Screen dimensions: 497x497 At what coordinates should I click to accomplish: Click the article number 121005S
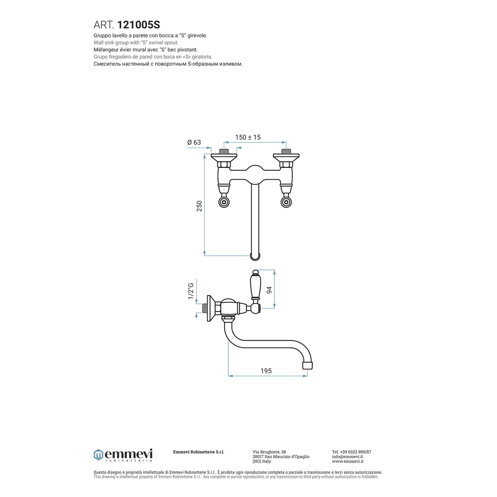click(138, 25)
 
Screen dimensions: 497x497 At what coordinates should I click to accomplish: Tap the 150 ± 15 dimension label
click(248, 137)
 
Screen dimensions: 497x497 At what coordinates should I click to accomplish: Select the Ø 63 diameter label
click(194, 142)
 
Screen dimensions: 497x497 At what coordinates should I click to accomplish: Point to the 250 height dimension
click(199, 206)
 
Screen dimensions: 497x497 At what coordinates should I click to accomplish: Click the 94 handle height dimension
click(269, 290)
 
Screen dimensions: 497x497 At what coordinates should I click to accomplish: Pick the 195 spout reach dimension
click(266, 371)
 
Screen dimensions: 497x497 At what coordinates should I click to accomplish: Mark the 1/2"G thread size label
click(190, 291)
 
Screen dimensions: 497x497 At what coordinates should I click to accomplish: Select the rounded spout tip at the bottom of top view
click(255, 256)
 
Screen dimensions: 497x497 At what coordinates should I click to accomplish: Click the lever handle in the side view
click(255, 285)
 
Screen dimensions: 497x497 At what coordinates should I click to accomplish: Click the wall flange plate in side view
click(209, 308)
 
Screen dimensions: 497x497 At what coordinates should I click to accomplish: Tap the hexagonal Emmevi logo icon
click(98, 455)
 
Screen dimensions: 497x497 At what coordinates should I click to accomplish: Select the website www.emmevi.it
click(348, 462)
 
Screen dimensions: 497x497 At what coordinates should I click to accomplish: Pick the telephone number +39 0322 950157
click(356, 452)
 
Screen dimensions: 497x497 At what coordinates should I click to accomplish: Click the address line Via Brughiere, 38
click(269, 452)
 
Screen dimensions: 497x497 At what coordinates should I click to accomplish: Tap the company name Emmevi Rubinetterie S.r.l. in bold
click(199, 452)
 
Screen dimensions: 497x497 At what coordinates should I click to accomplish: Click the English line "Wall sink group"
click(136, 43)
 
